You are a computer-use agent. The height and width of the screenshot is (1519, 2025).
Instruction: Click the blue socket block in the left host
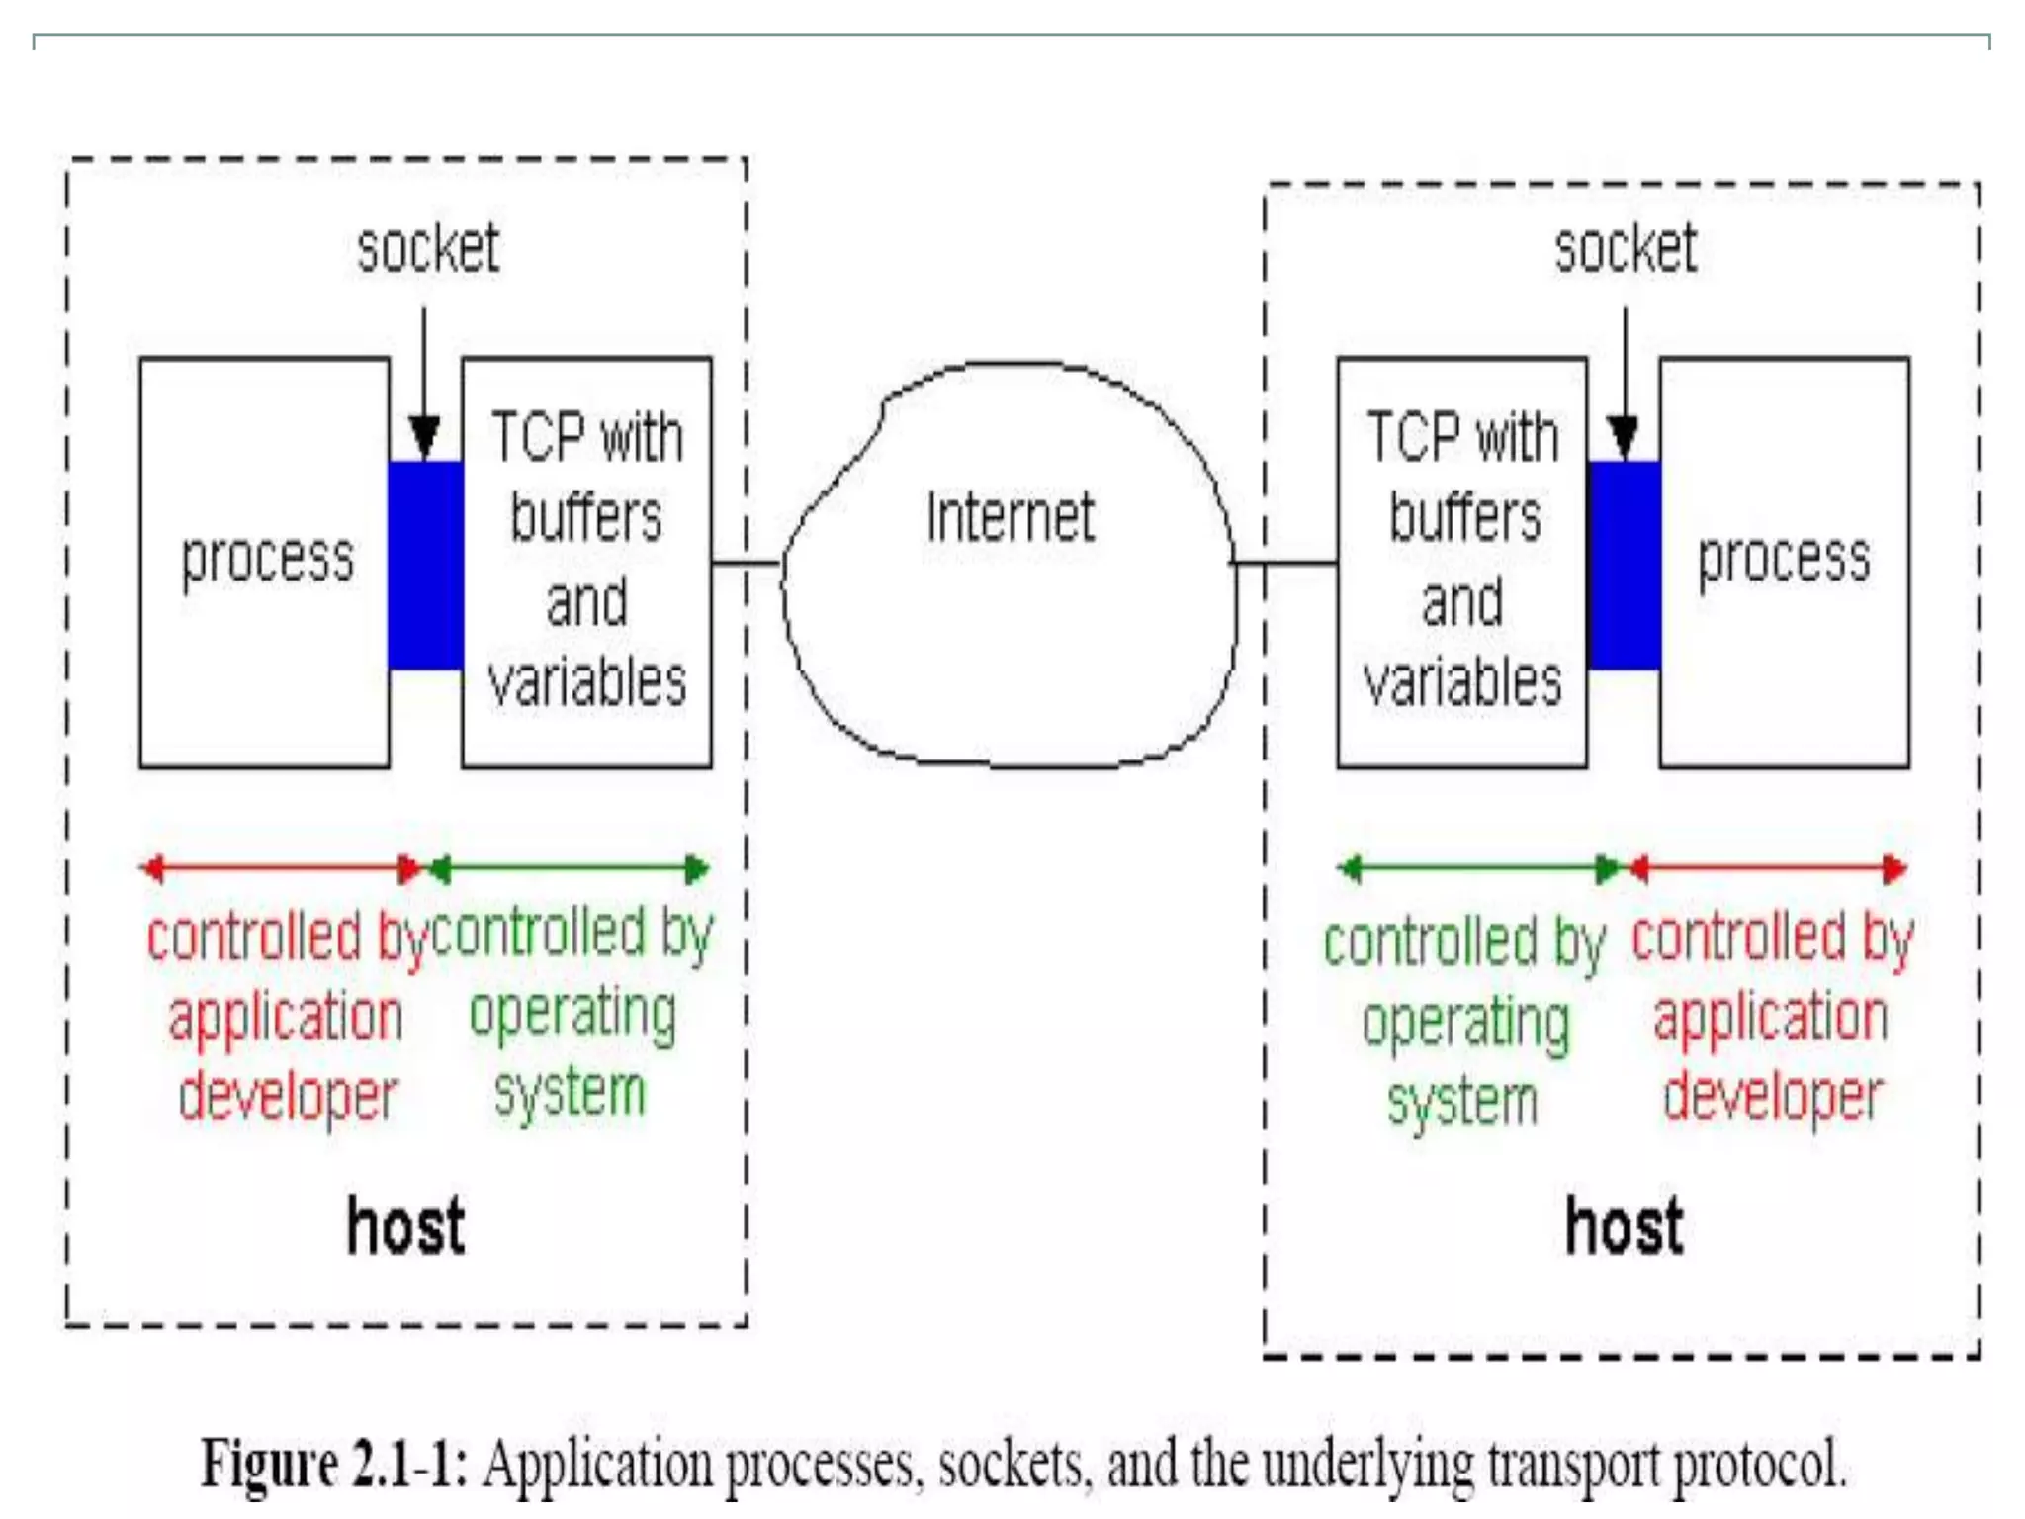[x=425, y=565]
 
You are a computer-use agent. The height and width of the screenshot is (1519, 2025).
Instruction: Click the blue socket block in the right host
[x=1624, y=565]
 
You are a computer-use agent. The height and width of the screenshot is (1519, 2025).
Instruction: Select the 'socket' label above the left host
[x=428, y=248]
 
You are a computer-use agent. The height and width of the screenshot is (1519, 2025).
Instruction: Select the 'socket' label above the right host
[x=1626, y=248]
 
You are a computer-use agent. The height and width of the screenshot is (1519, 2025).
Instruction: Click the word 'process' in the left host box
[x=267, y=559]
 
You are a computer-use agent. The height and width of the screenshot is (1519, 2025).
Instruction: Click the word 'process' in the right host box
[x=1784, y=559]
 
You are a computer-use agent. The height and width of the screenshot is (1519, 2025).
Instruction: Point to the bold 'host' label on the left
[x=405, y=1226]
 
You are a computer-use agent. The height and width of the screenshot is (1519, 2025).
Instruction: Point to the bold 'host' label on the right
[x=1624, y=1226]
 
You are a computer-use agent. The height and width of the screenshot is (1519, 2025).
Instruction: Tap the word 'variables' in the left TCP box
[x=587, y=682]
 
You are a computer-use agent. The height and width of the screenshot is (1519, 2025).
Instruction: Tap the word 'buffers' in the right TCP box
[x=1464, y=517]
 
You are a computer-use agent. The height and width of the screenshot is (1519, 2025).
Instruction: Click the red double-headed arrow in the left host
[x=282, y=869]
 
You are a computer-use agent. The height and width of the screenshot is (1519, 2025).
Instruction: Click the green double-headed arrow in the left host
[x=569, y=869]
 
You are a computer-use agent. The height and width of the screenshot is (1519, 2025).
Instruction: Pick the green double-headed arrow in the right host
[x=1478, y=869]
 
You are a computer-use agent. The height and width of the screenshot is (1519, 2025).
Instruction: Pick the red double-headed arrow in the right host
[x=1767, y=869]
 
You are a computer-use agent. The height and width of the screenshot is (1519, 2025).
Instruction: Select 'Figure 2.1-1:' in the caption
[x=334, y=1465]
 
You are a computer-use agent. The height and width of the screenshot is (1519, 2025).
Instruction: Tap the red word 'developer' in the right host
[x=1773, y=1097]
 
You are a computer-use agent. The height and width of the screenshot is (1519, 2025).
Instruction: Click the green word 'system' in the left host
[x=570, y=1094]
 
